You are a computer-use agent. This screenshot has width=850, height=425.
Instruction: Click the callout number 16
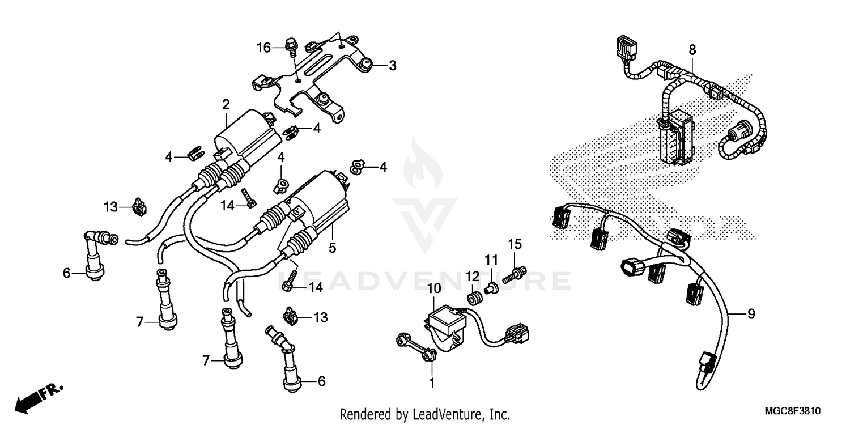click(264, 48)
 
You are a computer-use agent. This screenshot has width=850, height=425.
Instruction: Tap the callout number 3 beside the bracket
click(392, 66)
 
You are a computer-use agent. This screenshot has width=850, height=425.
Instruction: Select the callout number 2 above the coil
click(226, 104)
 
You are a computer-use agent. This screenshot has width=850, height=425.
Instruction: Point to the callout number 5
click(333, 248)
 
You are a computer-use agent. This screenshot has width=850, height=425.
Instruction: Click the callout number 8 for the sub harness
click(692, 50)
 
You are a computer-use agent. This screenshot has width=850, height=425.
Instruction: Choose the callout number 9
click(751, 314)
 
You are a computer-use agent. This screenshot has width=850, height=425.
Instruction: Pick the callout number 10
click(433, 290)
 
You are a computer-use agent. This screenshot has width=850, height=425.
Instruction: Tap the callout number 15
click(514, 245)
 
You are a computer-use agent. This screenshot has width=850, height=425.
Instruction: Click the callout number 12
click(469, 275)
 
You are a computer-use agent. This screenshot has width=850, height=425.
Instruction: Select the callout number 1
click(432, 383)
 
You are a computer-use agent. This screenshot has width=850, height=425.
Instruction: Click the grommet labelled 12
click(472, 297)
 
